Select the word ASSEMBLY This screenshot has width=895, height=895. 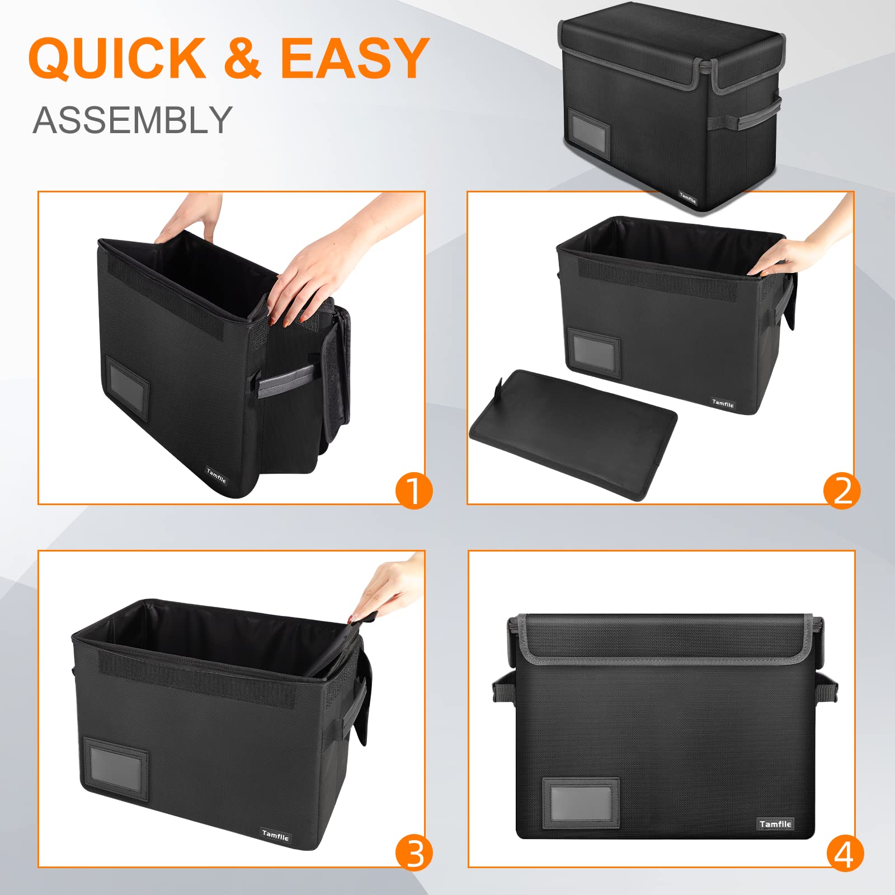tap(132, 120)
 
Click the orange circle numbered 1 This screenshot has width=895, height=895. tap(414, 491)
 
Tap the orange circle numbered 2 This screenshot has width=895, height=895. tap(841, 491)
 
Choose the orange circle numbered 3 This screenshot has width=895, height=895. tap(414, 854)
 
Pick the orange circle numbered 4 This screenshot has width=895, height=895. tap(845, 854)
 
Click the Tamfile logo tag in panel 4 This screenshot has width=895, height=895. tap(775, 824)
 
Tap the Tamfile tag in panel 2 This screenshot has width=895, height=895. tap(723, 403)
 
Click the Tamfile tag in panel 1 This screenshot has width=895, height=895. tap(216, 476)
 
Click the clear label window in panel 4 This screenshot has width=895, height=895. tap(581, 803)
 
